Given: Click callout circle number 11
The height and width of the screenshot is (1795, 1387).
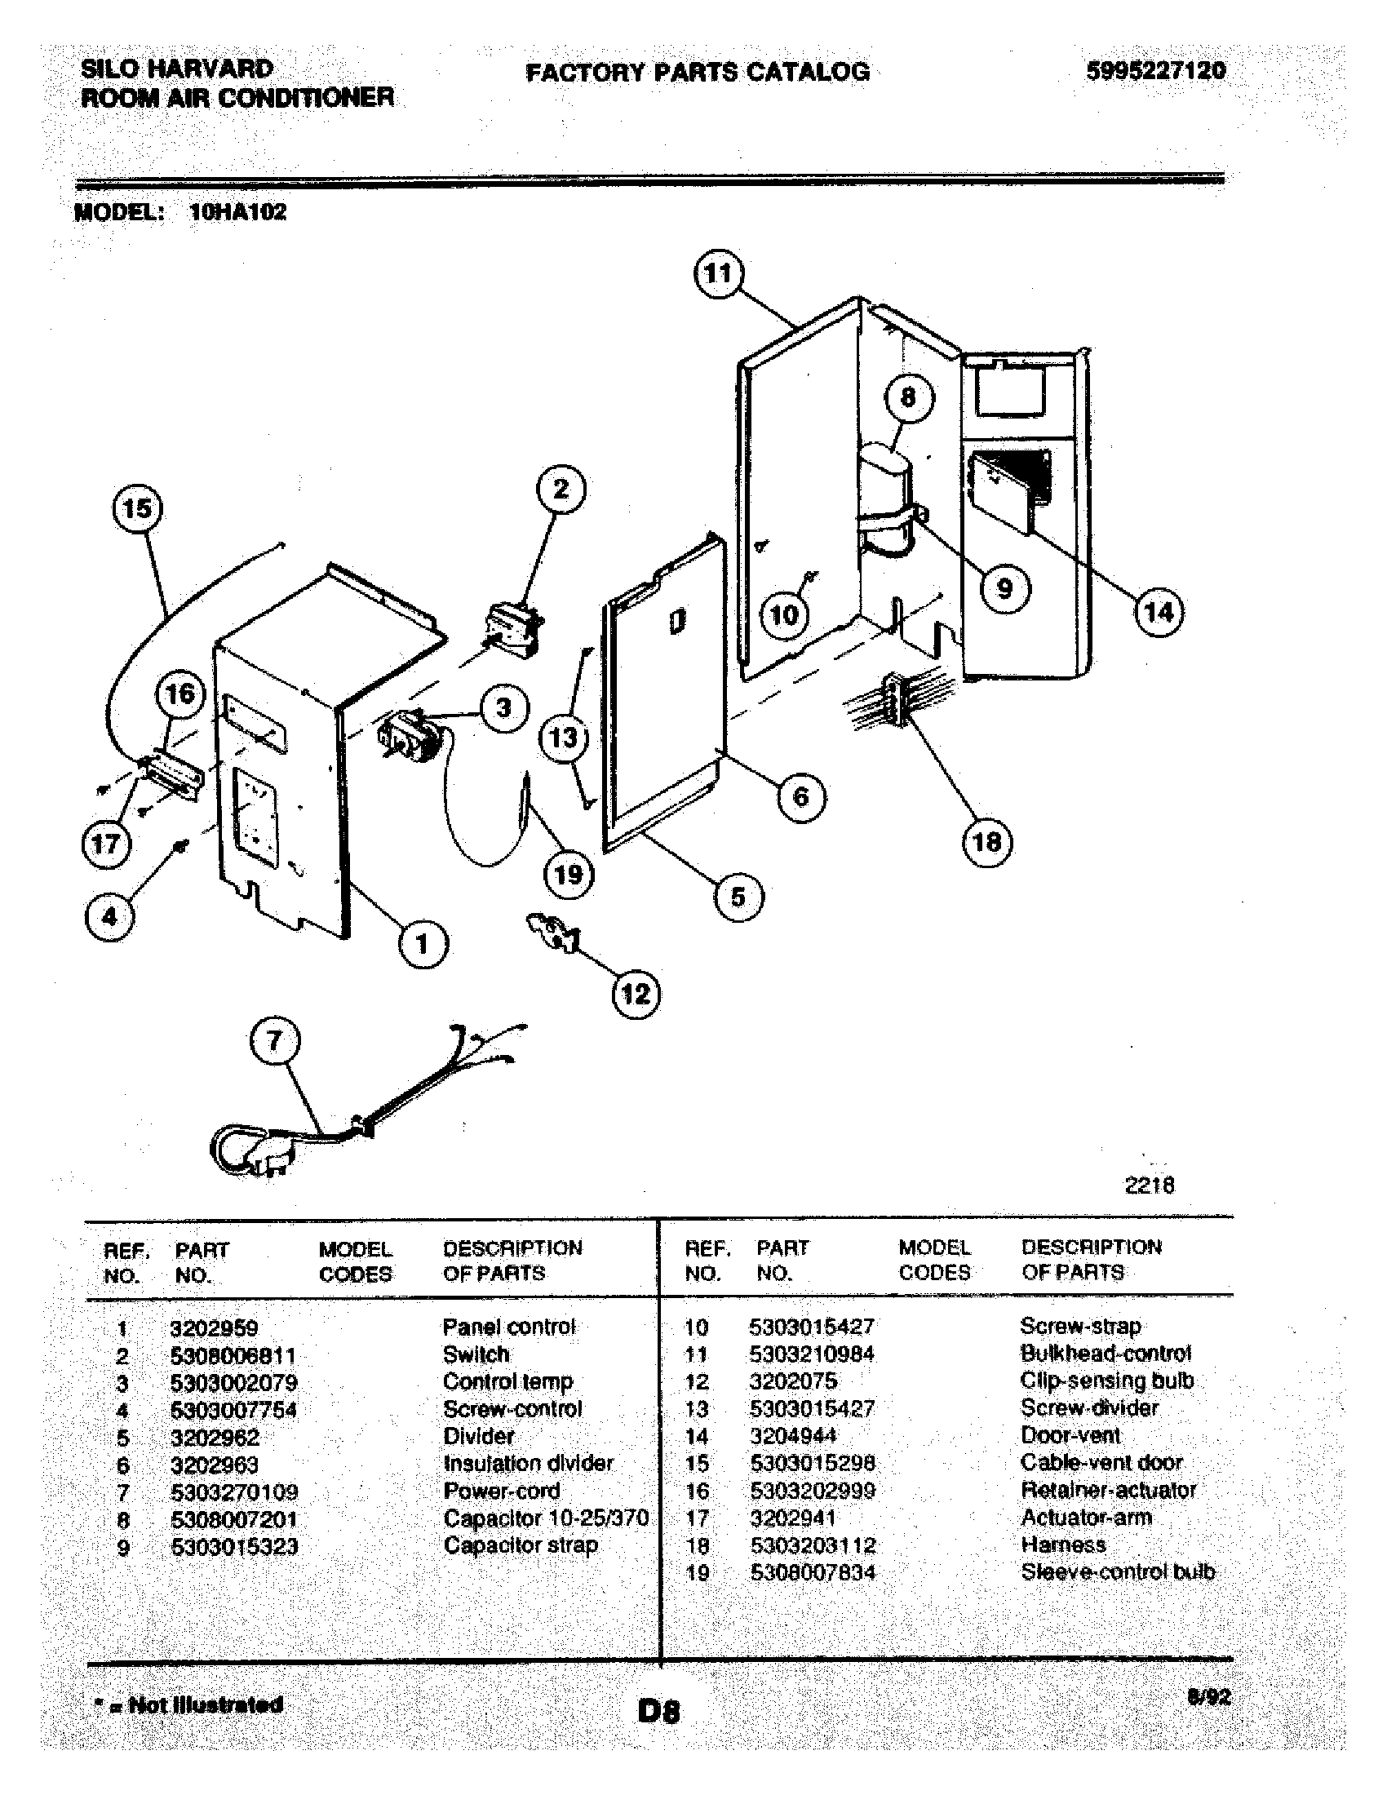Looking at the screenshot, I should (719, 273).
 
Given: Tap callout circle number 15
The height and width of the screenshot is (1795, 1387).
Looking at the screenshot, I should (137, 509).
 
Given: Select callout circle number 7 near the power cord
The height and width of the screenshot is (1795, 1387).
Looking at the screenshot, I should (274, 1041).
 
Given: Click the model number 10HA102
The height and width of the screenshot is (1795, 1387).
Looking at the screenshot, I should (237, 212).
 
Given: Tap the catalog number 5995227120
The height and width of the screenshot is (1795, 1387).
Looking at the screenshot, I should (1155, 71).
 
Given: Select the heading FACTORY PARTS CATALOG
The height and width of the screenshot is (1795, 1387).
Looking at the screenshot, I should (697, 73).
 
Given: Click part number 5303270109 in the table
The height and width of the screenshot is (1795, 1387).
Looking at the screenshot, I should (234, 1491).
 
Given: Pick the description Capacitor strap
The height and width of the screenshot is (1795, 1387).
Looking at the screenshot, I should (521, 1545).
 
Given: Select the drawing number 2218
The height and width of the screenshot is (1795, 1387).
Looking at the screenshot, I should (1149, 1185).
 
